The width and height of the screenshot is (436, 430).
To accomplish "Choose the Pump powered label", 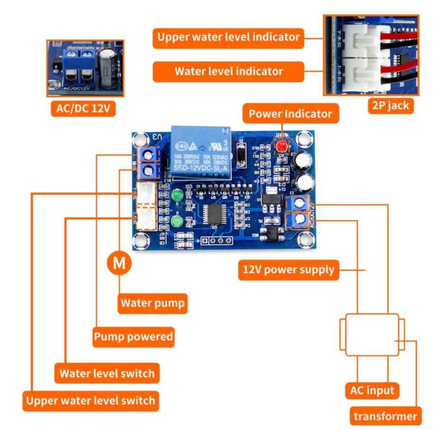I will point(133,337).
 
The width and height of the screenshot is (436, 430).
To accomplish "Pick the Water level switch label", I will point(107,373).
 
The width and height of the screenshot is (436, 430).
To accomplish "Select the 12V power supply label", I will point(288,269).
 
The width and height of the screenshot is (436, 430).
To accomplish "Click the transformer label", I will point(386,416).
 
